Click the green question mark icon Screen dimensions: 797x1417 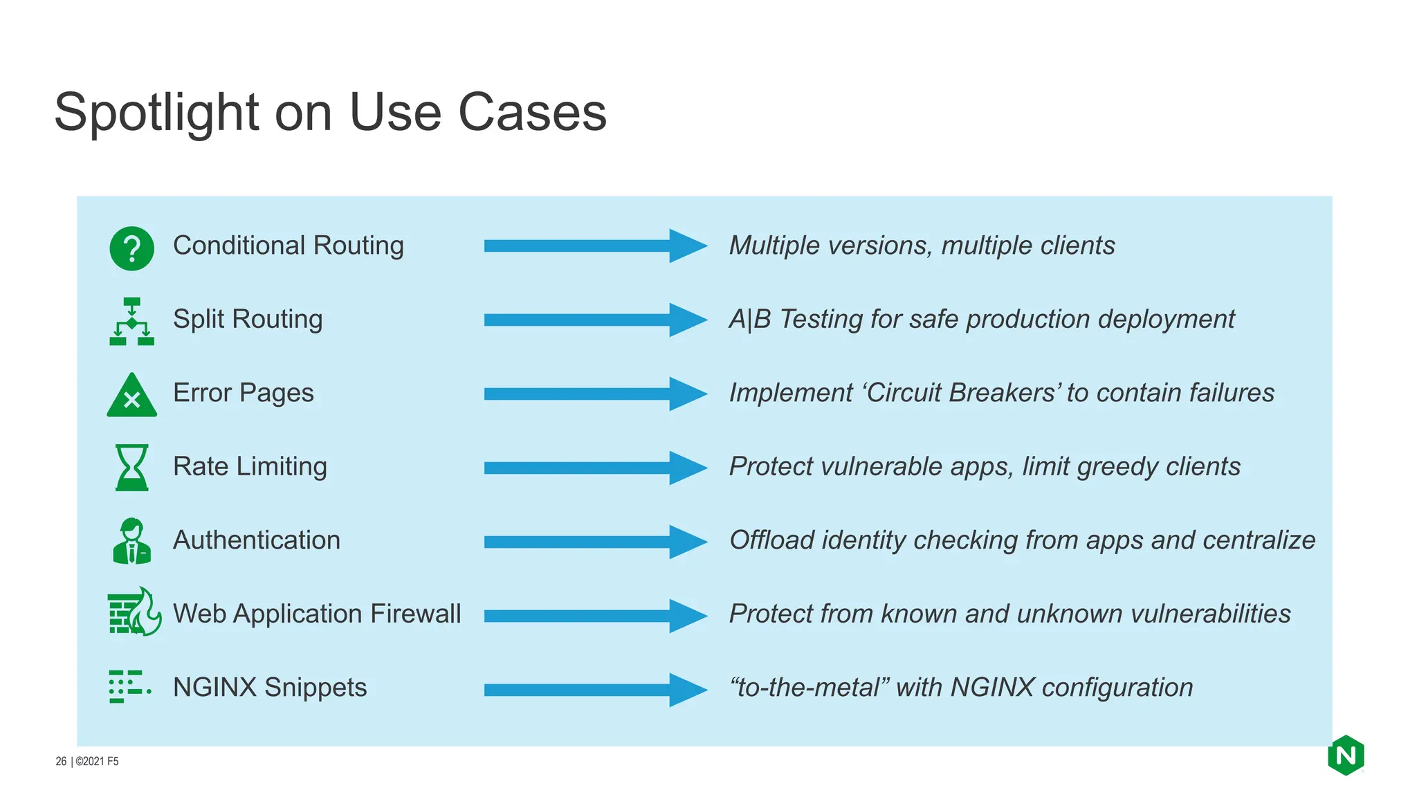tap(131, 248)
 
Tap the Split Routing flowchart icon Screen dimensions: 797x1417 tap(131, 322)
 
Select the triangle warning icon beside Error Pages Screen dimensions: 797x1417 tap(131, 396)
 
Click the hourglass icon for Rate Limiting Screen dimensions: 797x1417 tap(131, 468)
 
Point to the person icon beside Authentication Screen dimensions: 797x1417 tap(131, 541)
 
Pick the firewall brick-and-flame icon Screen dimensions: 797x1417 tap(134, 612)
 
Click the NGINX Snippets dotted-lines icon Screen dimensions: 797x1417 tap(129, 686)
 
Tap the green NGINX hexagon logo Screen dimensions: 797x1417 tap(1346, 755)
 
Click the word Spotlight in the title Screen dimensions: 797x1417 tap(156, 113)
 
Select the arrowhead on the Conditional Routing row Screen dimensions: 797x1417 tap(687, 246)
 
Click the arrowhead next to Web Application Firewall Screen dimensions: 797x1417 tap(687, 616)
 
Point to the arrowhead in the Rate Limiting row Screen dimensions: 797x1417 tap(687, 468)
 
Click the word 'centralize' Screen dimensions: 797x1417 tap(1259, 540)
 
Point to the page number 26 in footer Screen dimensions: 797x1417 tap(61, 761)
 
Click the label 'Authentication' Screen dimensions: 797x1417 tap(257, 540)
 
